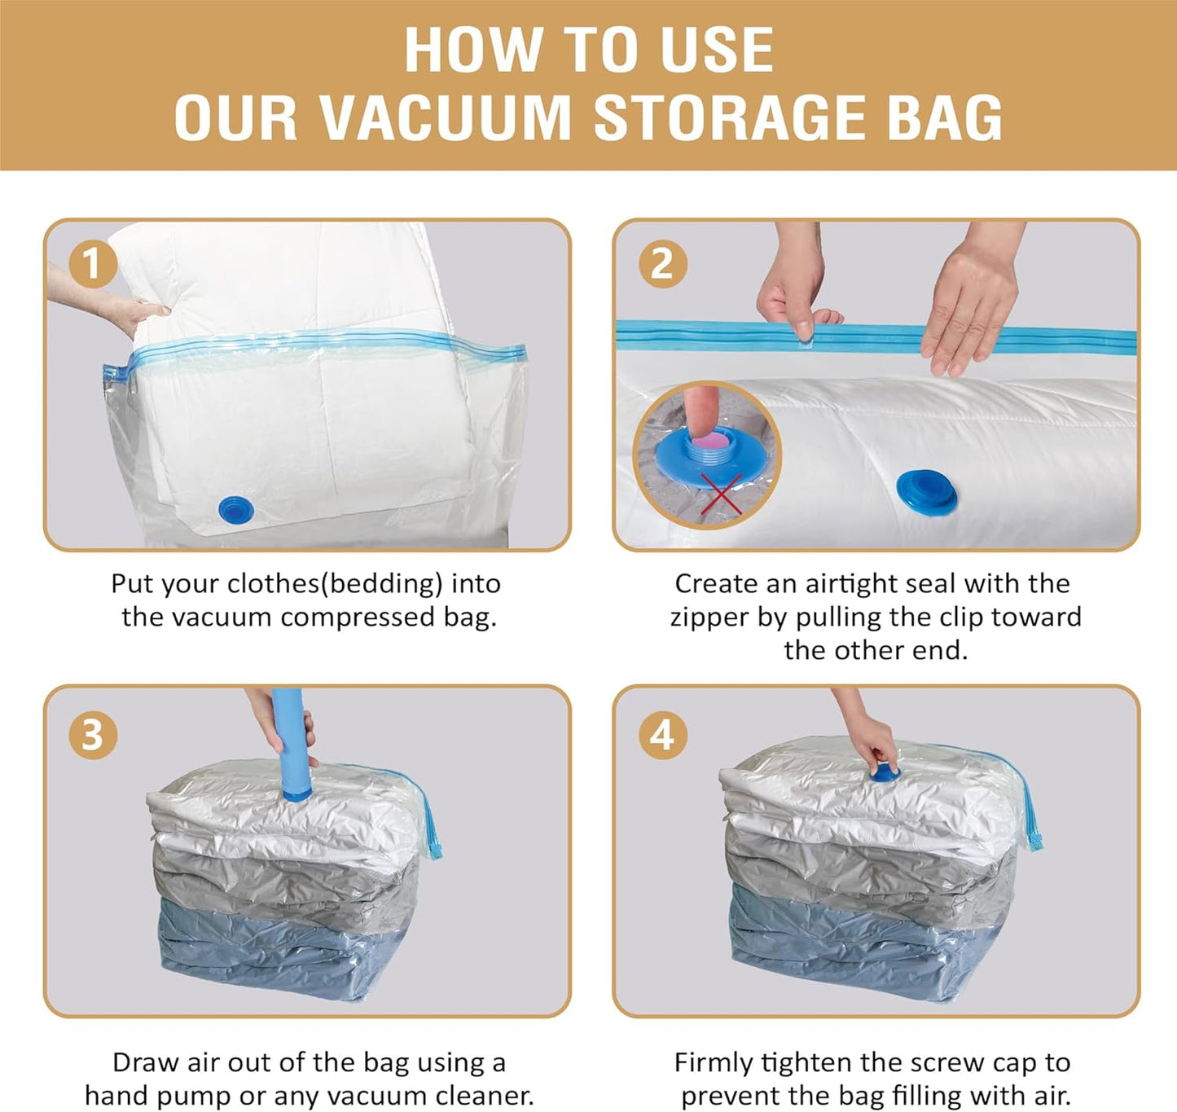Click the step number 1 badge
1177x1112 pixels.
point(91,265)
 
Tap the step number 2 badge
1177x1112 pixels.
point(662,265)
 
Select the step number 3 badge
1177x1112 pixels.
point(91,735)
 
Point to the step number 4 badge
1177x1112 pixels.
point(662,735)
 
